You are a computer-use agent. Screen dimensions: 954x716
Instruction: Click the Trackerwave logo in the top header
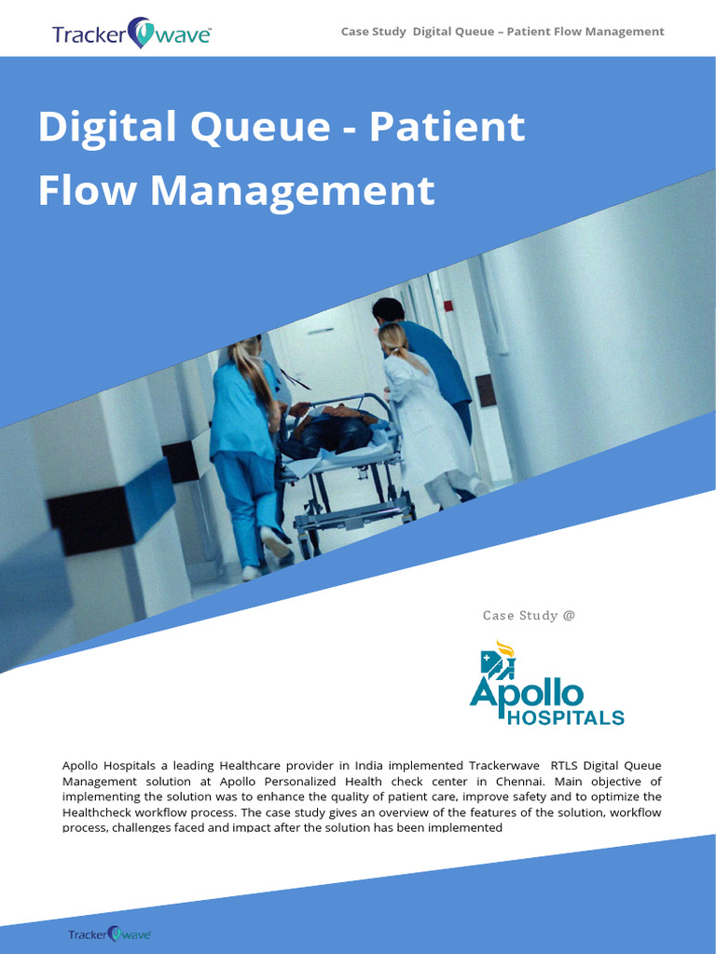[x=131, y=34]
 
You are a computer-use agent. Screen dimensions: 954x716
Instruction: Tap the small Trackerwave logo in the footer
[x=109, y=934]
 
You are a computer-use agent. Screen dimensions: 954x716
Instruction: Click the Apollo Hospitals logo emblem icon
[x=498, y=660]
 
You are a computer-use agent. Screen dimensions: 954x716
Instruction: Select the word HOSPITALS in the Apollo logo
[x=565, y=717]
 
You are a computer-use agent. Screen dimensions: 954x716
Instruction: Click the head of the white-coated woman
[x=392, y=337]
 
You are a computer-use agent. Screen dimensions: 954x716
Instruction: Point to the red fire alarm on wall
[x=448, y=306]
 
